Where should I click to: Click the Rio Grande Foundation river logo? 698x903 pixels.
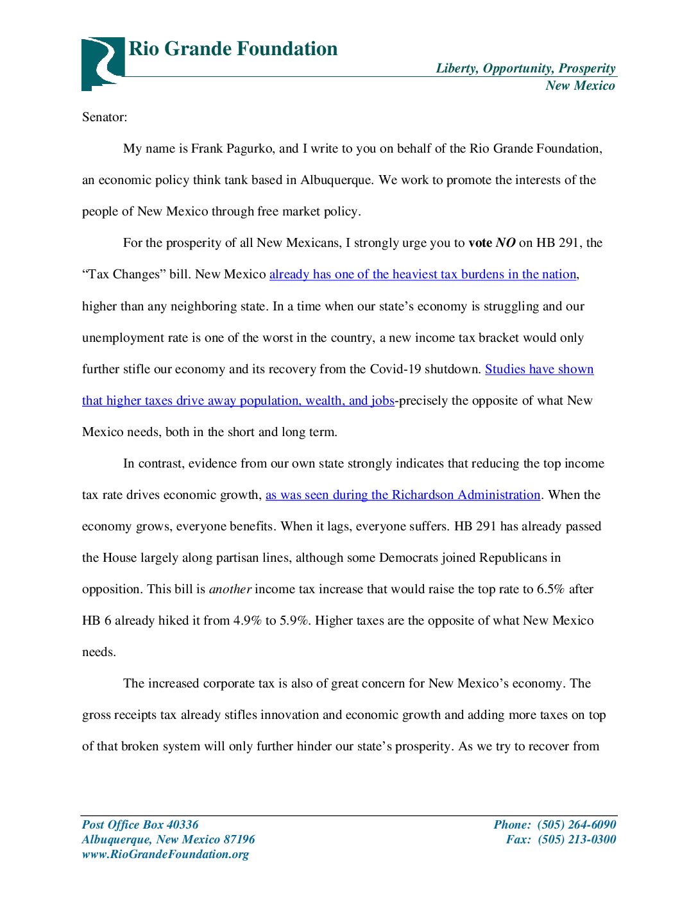(103, 63)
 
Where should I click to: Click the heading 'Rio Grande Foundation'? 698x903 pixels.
(233, 49)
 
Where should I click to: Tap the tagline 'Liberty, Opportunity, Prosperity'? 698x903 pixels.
(525, 68)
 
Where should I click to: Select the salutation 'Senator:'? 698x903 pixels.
(105, 117)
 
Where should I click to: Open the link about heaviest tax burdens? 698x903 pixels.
(423, 274)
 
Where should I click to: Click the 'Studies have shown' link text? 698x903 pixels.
(539, 369)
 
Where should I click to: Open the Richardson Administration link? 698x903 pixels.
(403, 495)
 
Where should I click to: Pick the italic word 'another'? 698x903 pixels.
(230, 589)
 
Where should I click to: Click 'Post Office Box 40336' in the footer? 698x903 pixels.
(140, 825)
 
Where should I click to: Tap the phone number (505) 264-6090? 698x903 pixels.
(576, 825)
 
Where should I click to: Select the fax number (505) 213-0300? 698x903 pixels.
(576, 840)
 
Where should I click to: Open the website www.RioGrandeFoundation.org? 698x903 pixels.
(165, 854)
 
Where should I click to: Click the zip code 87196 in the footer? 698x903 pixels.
(239, 840)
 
